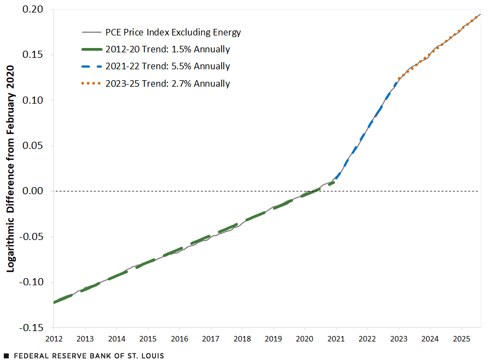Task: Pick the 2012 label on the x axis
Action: point(53,339)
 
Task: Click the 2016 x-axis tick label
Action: point(179,339)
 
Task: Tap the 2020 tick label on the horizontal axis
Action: point(304,339)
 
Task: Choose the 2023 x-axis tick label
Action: point(399,339)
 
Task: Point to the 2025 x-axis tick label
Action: point(462,339)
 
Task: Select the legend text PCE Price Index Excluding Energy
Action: point(173,32)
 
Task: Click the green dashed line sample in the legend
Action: point(91,49)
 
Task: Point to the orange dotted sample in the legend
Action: point(91,83)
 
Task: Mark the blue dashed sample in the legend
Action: point(91,67)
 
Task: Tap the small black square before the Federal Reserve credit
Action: point(6,356)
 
